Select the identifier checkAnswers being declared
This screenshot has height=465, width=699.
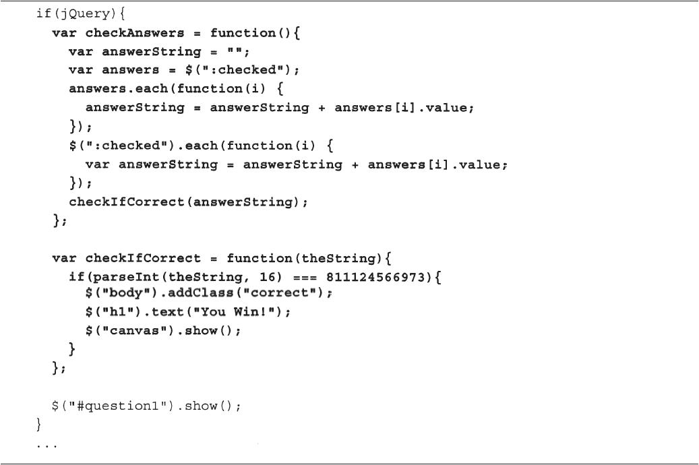pos(135,33)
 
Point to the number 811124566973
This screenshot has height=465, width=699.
pos(376,277)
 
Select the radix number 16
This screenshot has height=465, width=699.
pos(268,277)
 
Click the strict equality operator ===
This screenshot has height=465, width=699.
pos(305,278)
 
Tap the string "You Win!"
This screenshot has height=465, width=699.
pos(235,311)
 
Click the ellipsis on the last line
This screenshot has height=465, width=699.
pos(47,445)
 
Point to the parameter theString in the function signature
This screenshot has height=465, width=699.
pos(341,259)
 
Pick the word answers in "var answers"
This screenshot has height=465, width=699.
pos(130,71)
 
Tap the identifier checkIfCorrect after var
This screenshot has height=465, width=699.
pos(143,259)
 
